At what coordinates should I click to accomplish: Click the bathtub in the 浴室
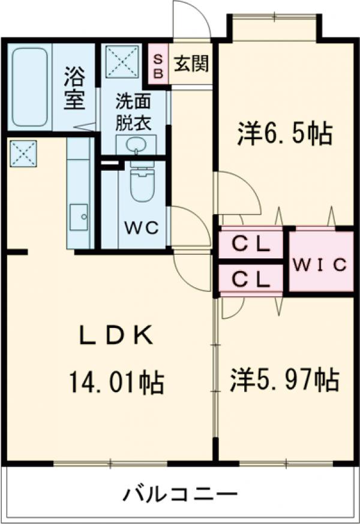pos(29,86)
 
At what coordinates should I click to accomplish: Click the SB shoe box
pos(158,64)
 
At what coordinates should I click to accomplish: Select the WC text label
pos(141,228)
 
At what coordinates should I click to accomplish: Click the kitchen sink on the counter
pos(79,216)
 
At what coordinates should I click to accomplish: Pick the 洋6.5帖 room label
pos(284,134)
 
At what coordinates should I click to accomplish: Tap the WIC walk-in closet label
pos(320,264)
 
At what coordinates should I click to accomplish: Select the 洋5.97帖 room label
pos(284,380)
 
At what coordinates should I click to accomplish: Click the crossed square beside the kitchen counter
pos(23,153)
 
